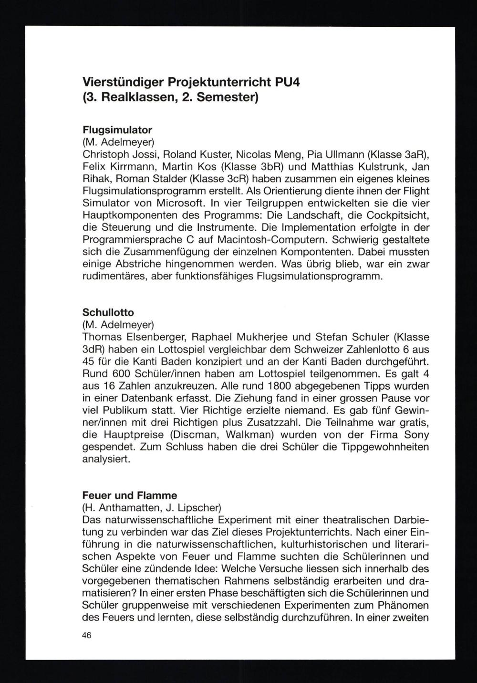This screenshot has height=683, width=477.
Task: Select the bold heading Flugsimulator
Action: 117,129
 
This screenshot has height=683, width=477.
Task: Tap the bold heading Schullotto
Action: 108,312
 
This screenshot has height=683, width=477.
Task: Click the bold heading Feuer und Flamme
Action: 130,495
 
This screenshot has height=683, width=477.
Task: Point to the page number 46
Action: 87,635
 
